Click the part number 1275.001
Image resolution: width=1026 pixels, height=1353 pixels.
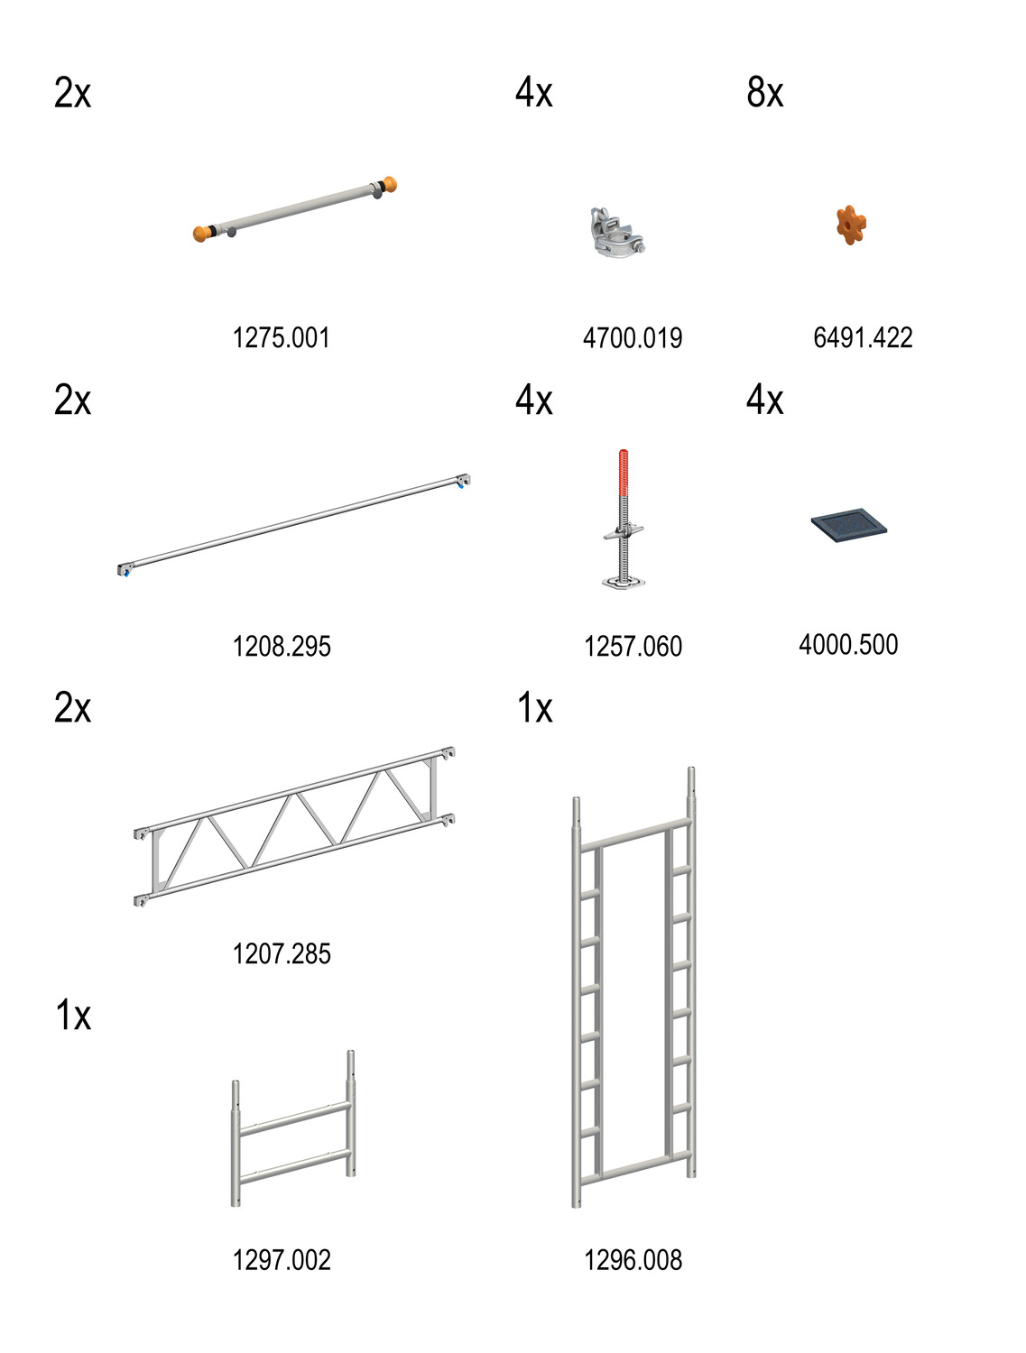tap(282, 338)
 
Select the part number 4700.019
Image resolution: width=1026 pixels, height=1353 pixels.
tap(633, 338)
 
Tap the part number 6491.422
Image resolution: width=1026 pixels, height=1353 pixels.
tap(863, 338)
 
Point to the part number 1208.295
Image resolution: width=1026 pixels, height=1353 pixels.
tap(282, 646)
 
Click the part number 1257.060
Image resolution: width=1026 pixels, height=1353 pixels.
tap(633, 646)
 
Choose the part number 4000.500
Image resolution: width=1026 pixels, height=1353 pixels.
tap(848, 645)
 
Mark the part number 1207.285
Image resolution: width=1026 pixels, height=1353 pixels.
tap(282, 953)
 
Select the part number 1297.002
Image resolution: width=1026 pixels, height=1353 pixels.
tap(282, 1260)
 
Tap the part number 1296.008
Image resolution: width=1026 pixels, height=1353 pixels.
tap(633, 1260)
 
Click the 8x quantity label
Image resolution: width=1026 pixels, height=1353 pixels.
tap(765, 93)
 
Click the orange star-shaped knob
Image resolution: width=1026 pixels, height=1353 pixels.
tap(850, 225)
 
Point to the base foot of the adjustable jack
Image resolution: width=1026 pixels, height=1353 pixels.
tap(623, 582)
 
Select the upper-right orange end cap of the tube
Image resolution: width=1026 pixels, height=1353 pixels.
tap(388, 185)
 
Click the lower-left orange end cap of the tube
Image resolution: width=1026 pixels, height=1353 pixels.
tap(202, 234)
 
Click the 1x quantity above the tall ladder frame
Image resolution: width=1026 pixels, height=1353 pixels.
tap(534, 708)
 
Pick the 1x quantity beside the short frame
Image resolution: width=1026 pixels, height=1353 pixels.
tap(73, 1016)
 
